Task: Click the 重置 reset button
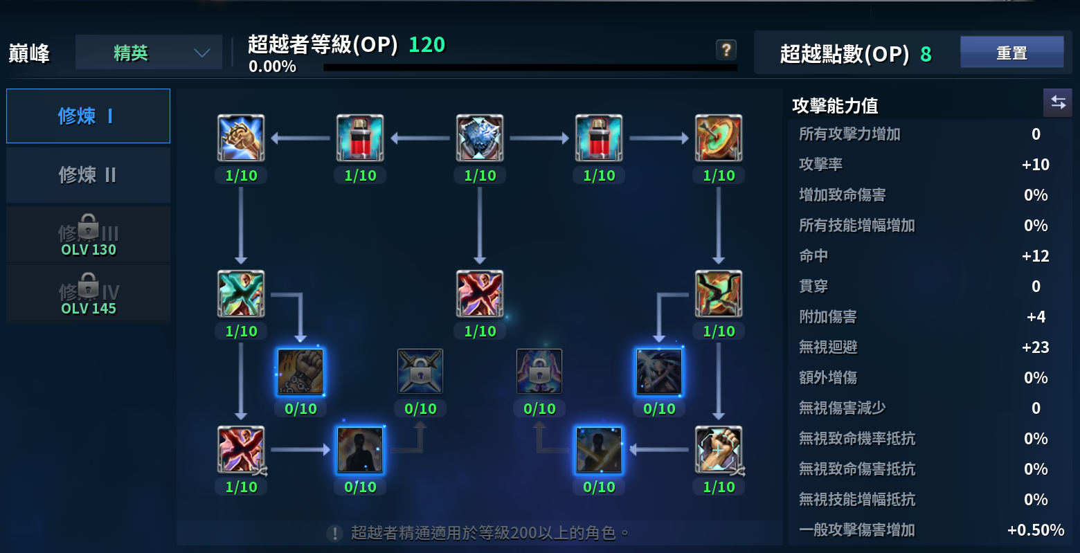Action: [x=1011, y=53]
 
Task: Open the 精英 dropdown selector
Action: [x=149, y=53]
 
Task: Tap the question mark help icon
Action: [x=726, y=50]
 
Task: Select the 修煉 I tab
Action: [x=88, y=116]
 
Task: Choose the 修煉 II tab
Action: [x=88, y=174]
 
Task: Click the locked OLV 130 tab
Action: [x=88, y=235]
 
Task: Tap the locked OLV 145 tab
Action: [x=88, y=294]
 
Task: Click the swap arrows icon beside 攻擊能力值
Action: [x=1058, y=102]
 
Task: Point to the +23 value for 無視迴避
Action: [x=1035, y=347]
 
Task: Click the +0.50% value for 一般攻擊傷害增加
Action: [x=1035, y=530]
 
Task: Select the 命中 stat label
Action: [x=813, y=256]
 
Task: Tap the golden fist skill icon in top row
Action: [x=241, y=138]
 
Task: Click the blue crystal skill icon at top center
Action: [x=480, y=138]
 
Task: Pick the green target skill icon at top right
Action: [x=719, y=138]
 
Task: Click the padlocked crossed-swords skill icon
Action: [x=420, y=371]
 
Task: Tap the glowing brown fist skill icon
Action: [x=300, y=371]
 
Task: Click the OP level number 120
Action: [x=426, y=45]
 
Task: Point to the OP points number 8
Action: [x=926, y=54]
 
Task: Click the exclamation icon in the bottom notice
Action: [x=334, y=533]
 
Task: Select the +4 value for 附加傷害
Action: [x=1035, y=317]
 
